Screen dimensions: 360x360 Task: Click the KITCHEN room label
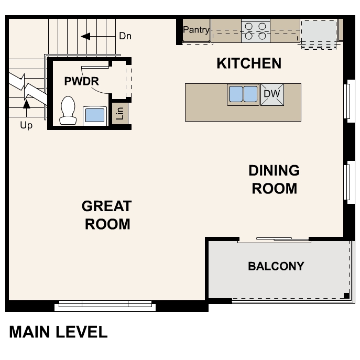coord(249,63)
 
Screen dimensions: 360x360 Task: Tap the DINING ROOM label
coord(274,179)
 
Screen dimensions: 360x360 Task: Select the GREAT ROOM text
coord(107,215)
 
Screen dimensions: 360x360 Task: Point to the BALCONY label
coord(276,266)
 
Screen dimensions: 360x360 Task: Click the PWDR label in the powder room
coord(81,81)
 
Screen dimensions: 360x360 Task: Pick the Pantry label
coord(196,30)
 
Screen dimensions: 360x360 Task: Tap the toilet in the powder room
coord(68,111)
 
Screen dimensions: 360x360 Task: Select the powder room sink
coord(94,115)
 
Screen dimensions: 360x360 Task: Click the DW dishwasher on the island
coord(272,94)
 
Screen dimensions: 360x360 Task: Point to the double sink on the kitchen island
coord(243,94)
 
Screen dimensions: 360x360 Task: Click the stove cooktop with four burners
coord(255,30)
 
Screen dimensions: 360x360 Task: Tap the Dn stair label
coord(125,36)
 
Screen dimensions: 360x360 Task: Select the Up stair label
coord(26,125)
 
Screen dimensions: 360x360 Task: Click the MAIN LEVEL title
coord(58,332)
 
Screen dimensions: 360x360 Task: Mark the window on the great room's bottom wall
coord(105,304)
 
